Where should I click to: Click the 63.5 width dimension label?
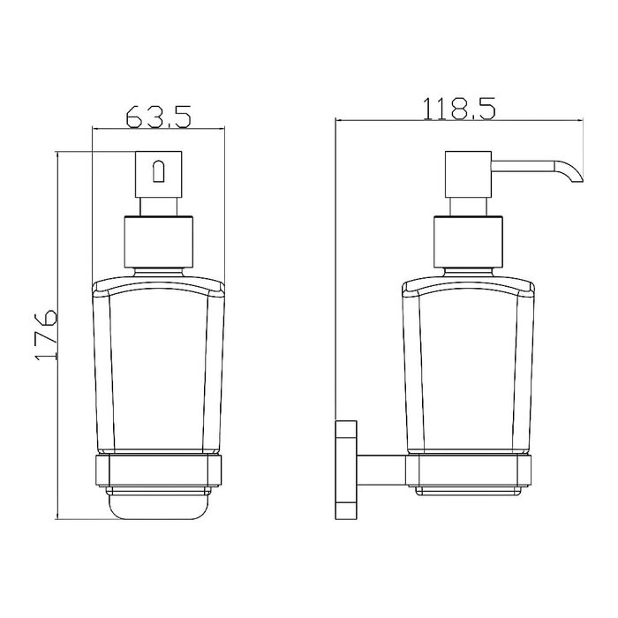(158, 117)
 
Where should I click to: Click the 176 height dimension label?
(46, 335)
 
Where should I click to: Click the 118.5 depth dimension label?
(459, 109)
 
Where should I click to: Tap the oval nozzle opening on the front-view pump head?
(158, 170)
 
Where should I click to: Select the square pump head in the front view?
(158, 174)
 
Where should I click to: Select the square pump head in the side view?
(468, 174)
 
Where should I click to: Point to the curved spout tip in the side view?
(570, 172)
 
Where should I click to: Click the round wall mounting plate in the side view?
(346, 471)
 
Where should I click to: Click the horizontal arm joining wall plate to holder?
(381, 471)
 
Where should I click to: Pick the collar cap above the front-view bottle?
(158, 242)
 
